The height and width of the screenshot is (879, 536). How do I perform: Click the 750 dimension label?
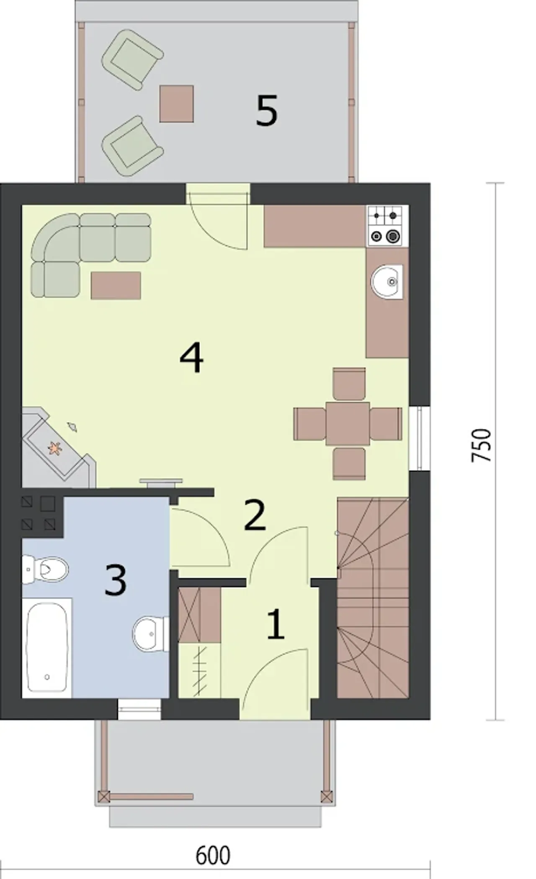482,445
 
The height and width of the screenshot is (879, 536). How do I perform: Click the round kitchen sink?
387,282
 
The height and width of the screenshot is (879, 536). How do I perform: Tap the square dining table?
348,423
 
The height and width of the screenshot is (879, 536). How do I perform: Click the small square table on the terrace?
176,104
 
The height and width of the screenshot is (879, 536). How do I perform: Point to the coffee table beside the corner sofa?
116,286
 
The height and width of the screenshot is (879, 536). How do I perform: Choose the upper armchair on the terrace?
132,59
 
